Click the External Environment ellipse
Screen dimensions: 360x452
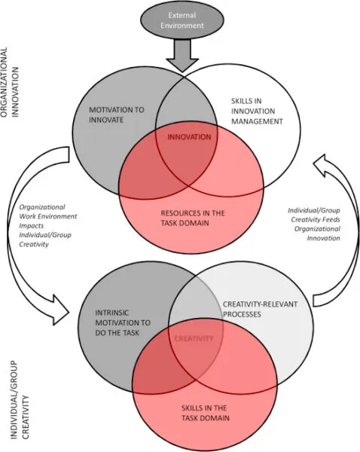pyautogui.click(x=182, y=20)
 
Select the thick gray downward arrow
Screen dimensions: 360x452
pyautogui.click(x=182, y=55)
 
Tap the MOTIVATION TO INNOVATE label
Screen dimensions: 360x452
pyautogui.click(x=116, y=115)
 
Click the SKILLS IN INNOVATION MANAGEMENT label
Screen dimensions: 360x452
pyautogui.click(x=257, y=111)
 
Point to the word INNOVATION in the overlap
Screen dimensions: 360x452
pyautogui.click(x=189, y=136)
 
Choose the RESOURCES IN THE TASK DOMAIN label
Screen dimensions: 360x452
pyautogui.click(x=193, y=218)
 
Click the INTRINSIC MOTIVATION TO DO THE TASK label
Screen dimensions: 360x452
pyautogui.click(x=123, y=323)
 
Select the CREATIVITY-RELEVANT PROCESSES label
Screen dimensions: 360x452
pyautogui.click(x=260, y=309)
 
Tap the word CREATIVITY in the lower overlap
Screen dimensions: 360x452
pyautogui.click(x=194, y=338)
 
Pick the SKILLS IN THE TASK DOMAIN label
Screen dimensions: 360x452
pyautogui.click(x=205, y=413)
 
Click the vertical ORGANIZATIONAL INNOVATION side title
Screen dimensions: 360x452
pyautogui.click(x=10, y=82)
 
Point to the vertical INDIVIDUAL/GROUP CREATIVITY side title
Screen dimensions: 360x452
pyautogui.click(x=20, y=401)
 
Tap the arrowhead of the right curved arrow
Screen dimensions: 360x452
pyautogui.click(x=322, y=166)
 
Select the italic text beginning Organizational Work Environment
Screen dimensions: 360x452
pyautogui.click(x=48, y=226)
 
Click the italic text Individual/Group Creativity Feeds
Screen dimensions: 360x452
pyautogui.click(x=314, y=215)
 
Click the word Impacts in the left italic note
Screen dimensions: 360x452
pyautogui.click(x=32, y=225)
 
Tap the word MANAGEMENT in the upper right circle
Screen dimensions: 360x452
pyautogui.click(x=257, y=121)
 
